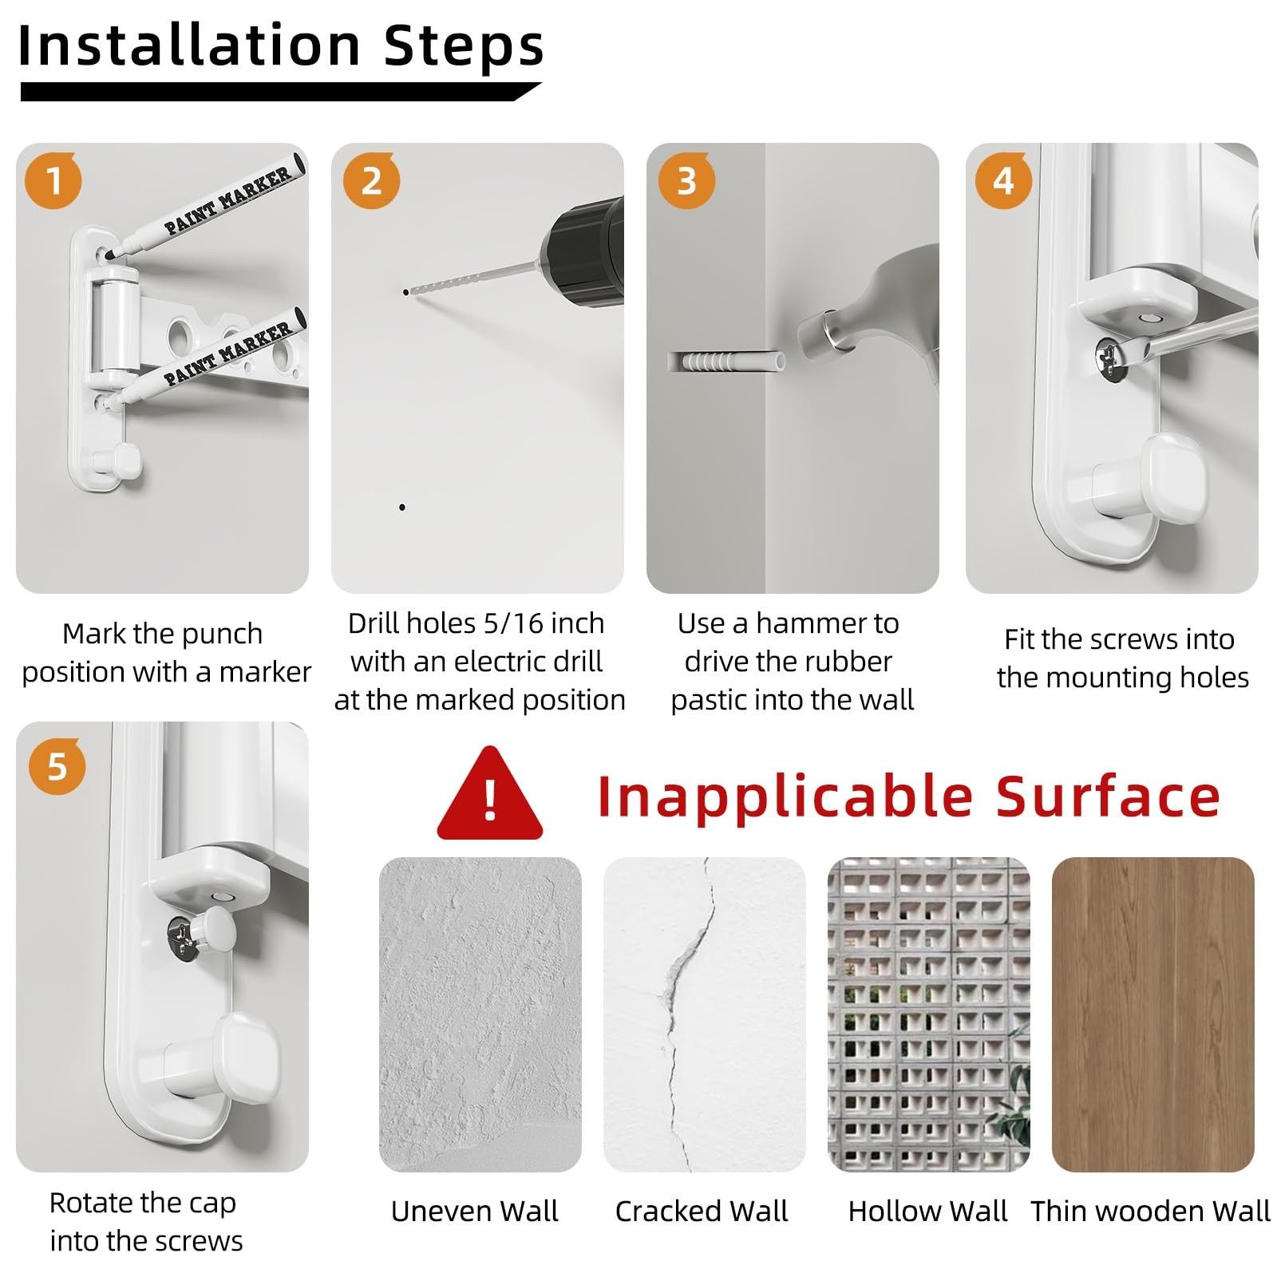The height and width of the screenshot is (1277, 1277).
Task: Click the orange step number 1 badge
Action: pyautogui.click(x=53, y=180)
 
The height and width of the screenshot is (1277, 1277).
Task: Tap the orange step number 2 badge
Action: pyautogui.click(x=371, y=180)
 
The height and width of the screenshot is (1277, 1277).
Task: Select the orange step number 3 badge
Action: pyautogui.click(x=686, y=180)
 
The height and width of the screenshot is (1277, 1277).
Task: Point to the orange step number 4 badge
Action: pyautogui.click(x=1003, y=180)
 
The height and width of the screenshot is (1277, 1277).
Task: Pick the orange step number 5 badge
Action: pyautogui.click(x=57, y=766)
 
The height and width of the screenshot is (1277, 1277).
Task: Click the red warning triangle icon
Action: pyautogui.click(x=490, y=795)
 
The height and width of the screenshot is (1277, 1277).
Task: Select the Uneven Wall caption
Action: pyautogui.click(x=475, y=1211)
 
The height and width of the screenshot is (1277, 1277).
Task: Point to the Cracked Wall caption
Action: pyautogui.click(x=702, y=1211)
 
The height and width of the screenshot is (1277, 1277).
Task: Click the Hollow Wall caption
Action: pyautogui.click(x=927, y=1211)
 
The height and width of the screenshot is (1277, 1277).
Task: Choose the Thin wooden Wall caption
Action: pyautogui.click(x=1150, y=1211)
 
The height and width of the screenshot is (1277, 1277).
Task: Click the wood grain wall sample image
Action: pyautogui.click(x=1153, y=1014)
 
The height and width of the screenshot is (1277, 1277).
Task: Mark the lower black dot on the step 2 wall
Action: pyautogui.click(x=402, y=507)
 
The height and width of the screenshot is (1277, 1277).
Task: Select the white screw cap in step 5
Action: pyautogui.click(x=217, y=924)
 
